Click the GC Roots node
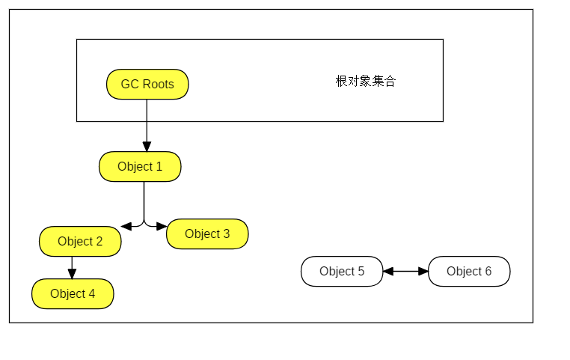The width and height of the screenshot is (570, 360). pos(147,85)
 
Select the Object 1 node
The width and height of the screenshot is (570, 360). pos(140,167)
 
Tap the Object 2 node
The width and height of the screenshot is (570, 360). pos(80,242)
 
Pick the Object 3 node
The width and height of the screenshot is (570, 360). pos(207,234)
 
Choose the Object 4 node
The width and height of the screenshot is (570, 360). pos(73,294)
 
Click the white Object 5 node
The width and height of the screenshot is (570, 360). pos(342,272)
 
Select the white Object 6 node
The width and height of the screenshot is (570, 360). pos(469,272)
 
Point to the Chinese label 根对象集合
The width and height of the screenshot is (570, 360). pos(366,82)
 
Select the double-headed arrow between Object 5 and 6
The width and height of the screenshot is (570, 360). pos(405,272)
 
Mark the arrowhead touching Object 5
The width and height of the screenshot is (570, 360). pos(387,272)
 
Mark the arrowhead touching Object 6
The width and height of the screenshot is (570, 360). pos(423,272)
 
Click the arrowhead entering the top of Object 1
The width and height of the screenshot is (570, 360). pos(147,147)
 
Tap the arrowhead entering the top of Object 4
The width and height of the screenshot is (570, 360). pos(72,274)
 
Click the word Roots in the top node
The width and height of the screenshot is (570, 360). pos(159,85)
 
